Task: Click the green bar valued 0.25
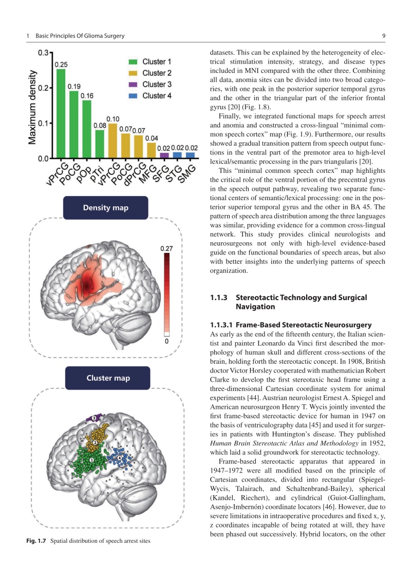point(61,113)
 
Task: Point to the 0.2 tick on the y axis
point(44,88)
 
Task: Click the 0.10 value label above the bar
point(113,119)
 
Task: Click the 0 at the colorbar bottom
point(166,340)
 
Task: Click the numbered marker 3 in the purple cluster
point(94,419)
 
